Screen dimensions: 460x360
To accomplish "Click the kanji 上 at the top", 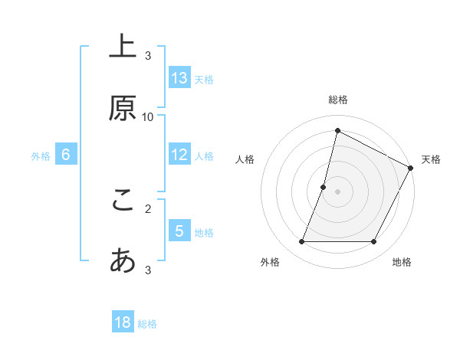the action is click(123, 47).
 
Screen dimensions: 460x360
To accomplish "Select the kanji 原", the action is click(123, 109).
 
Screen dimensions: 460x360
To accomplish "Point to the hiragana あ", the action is click(123, 261).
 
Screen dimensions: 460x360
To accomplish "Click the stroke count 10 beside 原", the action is click(148, 116).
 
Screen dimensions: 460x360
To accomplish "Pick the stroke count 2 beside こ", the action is click(148, 208).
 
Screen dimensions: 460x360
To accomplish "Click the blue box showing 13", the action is click(179, 78).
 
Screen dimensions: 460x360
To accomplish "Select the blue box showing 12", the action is click(179, 155).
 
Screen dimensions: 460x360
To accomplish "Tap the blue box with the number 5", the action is click(179, 231).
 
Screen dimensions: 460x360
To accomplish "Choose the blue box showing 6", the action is click(66, 155).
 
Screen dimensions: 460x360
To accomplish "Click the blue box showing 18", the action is click(123, 323).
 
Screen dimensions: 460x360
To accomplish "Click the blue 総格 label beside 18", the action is click(147, 324).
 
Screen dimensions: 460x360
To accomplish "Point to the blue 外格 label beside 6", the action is click(41, 155).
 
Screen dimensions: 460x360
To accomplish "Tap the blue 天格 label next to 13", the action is click(203, 79).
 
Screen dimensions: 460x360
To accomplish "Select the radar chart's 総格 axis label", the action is click(337, 100).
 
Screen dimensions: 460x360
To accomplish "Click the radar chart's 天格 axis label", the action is click(432, 159).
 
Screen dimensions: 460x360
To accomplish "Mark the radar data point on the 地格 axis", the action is click(374, 242).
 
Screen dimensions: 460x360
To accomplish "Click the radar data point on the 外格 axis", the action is click(301, 242).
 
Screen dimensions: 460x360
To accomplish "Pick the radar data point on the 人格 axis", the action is click(324, 187).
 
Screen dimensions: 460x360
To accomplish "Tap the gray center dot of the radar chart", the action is click(337, 191).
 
